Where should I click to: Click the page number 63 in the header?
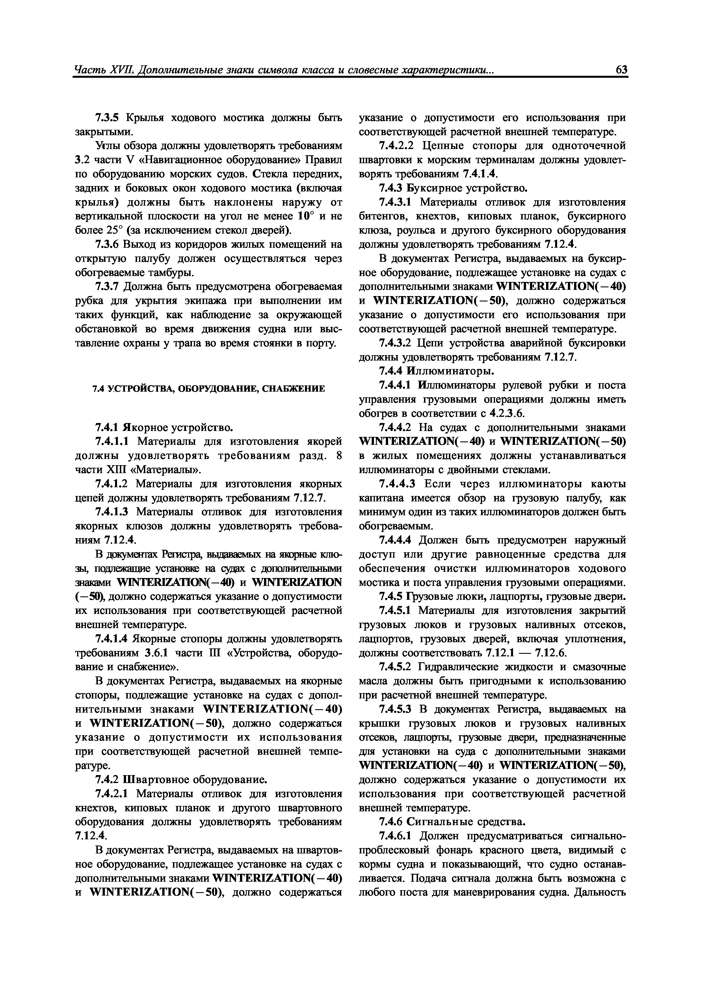[x=621, y=70]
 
